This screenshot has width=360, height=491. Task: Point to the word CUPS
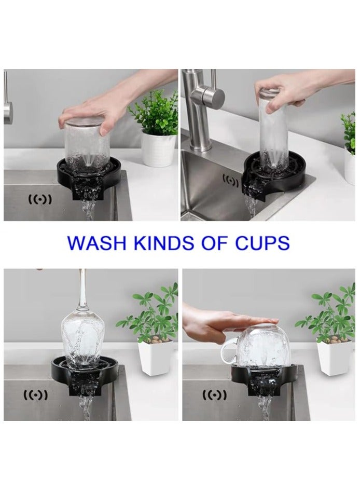click(261, 243)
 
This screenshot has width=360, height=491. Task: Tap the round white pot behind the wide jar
click(158, 149)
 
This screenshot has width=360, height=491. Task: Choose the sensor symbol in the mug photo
click(214, 395)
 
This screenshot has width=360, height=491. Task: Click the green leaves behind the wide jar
click(153, 112)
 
